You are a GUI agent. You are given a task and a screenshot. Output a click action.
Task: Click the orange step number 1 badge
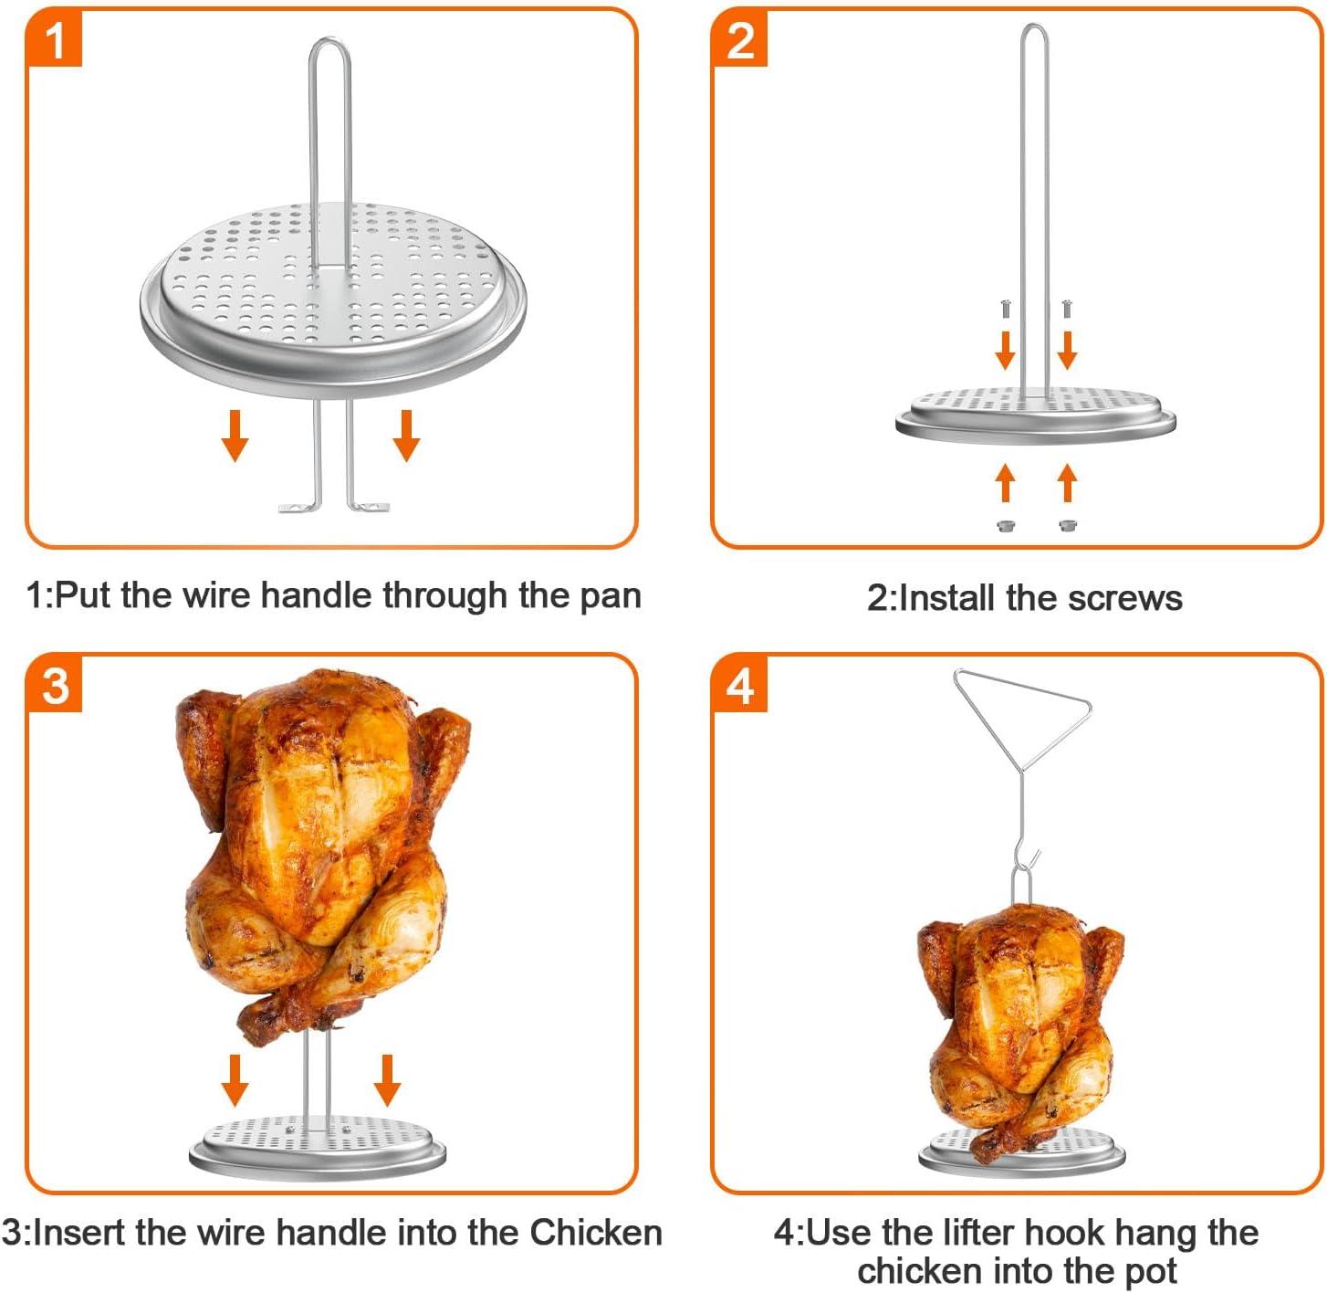55,40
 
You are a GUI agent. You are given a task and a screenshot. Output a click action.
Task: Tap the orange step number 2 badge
739,40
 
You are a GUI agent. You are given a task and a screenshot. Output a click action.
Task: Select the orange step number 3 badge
55,684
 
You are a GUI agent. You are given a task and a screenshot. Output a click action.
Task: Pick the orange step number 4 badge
739,684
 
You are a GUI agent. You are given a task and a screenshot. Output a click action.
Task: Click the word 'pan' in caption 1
611,596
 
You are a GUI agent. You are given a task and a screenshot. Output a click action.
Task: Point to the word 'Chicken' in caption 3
596,1233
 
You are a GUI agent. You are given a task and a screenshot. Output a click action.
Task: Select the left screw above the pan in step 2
1005,308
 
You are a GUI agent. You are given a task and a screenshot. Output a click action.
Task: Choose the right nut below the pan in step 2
1067,525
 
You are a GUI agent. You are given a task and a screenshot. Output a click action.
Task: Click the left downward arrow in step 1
235,436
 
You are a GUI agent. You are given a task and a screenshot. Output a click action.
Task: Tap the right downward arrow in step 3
387,1079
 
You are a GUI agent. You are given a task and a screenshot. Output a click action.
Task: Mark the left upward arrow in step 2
1005,482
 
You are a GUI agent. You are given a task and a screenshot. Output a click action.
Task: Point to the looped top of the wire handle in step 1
329,47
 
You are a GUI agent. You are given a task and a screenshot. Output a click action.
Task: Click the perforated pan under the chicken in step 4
1022,1152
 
